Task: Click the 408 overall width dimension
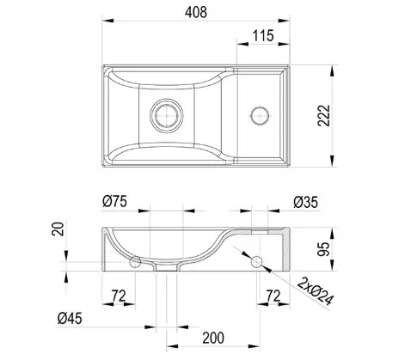tap(196, 12)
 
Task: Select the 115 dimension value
tap(263, 36)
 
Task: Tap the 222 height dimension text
tap(324, 116)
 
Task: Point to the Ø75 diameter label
tap(114, 201)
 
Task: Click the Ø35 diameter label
tap(305, 202)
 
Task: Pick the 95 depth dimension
tap(324, 249)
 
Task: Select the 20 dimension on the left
tap(58, 229)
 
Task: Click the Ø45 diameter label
tap(70, 318)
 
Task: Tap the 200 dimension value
tap(213, 338)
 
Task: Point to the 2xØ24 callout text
tap(316, 291)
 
